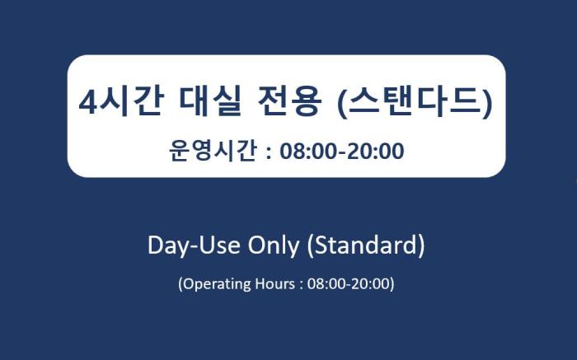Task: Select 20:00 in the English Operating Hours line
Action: point(371,283)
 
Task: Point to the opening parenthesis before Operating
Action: point(181,284)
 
